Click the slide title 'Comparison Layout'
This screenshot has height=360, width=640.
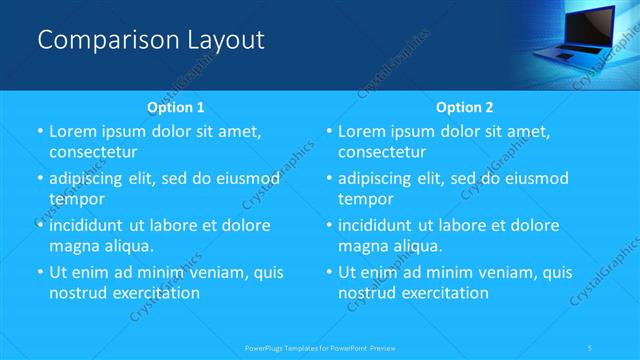pyautogui.click(x=151, y=40)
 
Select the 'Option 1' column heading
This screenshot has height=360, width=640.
pyautogui.click(x=175, y=107)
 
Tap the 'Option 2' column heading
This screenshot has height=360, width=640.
pyautogui.click(x=464, y=107)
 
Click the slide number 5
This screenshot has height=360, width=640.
pyautogui.click(x=592, y=348)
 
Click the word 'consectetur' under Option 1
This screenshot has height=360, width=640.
pyautogui.click(x=92, y=152)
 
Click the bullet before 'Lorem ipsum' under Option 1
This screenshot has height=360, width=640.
pyautogui.click(x=40, y=132)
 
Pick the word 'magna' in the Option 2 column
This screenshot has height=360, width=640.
pyautogui.click(x=363, y=245)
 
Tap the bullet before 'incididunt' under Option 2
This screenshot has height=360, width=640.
pyautogui.click(x=329, y=226)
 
